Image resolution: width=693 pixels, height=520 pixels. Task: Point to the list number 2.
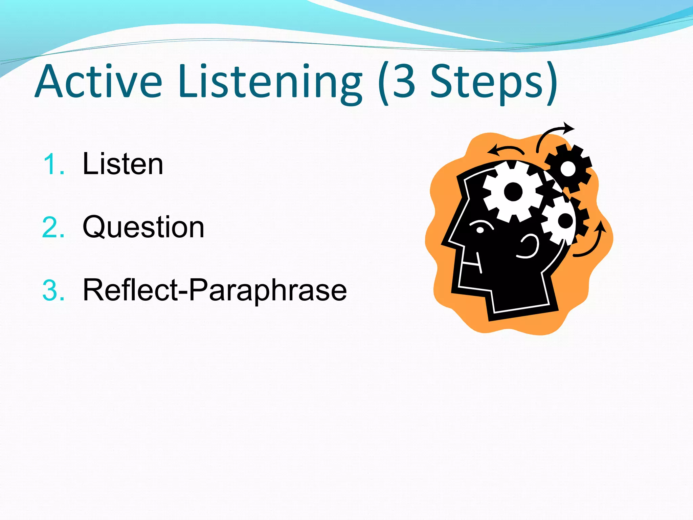click(x=53, y=227)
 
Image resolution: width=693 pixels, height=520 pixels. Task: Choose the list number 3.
click(x=53, y=290)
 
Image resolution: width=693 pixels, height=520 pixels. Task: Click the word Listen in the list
click(x=123, y=164)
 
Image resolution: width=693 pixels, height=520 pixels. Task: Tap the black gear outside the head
click(x=568, y=168)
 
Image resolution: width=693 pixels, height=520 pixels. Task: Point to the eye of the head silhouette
click(x=480, y=230)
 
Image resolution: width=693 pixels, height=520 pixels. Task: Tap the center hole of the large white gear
click(x=513, y=192)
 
